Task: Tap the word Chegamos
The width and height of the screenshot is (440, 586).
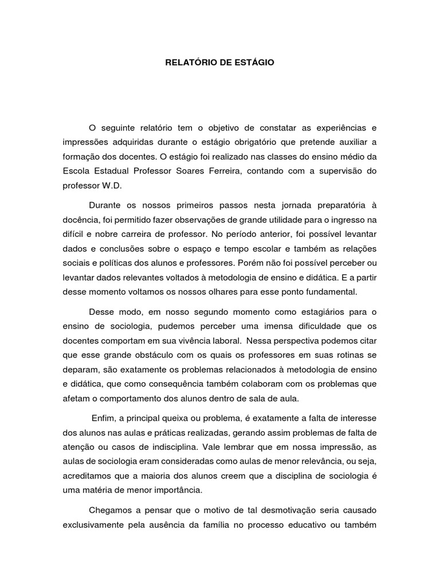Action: point(111,510)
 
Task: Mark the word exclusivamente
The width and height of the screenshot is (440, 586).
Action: point(95,525)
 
